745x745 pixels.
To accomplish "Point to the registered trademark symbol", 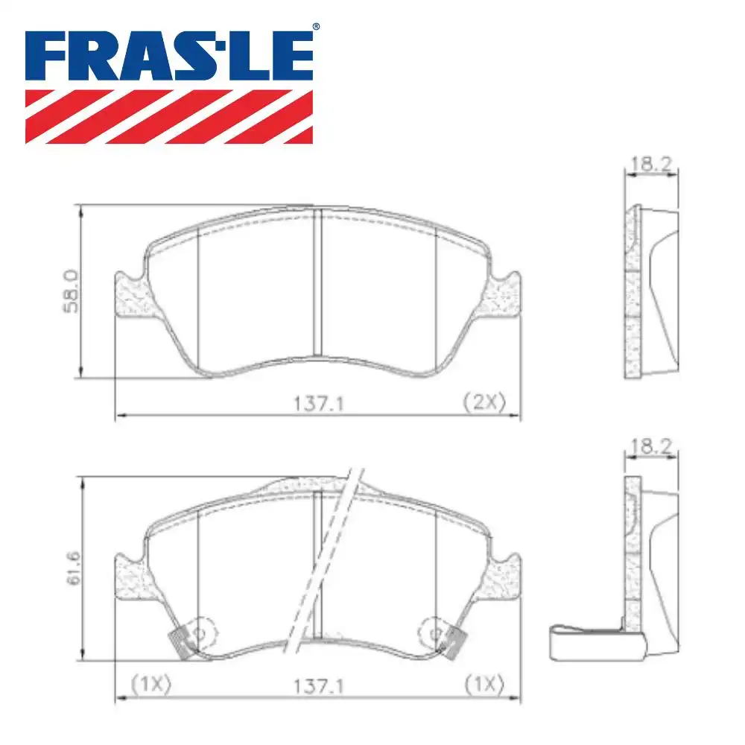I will (x=315, y=27).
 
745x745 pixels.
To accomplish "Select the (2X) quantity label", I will (x=484, y=403).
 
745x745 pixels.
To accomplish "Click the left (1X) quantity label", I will (x=151, y=684).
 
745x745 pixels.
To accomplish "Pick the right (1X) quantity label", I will (x=484, y=684).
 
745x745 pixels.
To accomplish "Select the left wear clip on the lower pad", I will (x=182, y=641).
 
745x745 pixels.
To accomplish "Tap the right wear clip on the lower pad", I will (x=454, y=641).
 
